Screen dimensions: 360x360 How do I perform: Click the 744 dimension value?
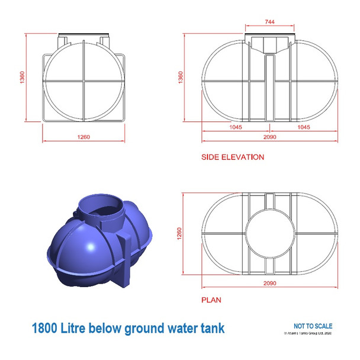click(269, 21)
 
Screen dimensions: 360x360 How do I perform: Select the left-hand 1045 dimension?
click(236, 127)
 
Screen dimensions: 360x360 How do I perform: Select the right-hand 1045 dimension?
click(303, 127)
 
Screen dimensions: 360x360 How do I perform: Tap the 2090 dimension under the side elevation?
click(269, 137)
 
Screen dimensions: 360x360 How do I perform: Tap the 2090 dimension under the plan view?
click(269, 283)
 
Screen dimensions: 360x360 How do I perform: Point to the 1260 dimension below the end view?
click(83, 137)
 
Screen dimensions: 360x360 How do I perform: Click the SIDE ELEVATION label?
click(233, 157)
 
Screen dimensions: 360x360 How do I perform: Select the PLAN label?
click(211, 300)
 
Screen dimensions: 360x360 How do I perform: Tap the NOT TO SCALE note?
click(313, 326)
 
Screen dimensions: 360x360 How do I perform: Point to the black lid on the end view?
click(83, 35)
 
